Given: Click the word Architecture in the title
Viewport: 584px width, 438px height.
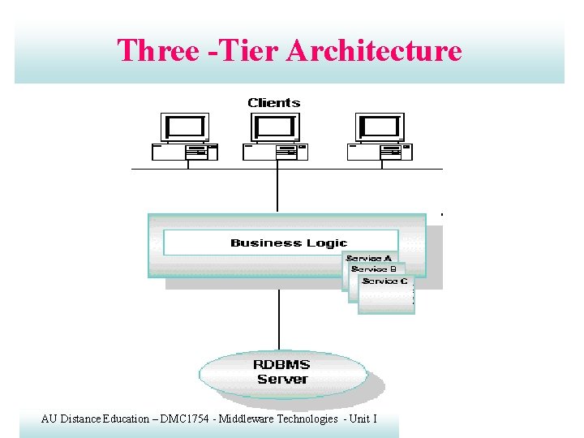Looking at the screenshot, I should click(375, 50).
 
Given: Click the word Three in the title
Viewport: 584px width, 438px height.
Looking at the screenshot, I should click(158, 50).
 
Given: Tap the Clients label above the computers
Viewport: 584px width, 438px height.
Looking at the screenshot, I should click(274, 103).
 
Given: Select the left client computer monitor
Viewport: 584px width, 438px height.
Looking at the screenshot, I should click(186, 127).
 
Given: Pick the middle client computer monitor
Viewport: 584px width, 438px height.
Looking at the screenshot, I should click(276, 127).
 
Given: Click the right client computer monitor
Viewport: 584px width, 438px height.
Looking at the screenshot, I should click(380, 127).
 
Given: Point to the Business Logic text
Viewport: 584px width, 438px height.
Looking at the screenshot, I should click(288, 243).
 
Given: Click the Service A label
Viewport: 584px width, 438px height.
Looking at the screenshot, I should click(369, 259).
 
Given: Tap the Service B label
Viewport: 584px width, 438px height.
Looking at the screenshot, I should click(374, 269).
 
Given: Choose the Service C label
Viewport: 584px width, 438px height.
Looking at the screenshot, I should click(384, 281).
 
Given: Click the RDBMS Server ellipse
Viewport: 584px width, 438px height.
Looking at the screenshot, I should click(282, 373).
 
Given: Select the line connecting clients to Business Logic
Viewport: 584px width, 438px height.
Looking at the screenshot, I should click(277, 191).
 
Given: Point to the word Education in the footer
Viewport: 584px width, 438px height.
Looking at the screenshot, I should click(125, 419).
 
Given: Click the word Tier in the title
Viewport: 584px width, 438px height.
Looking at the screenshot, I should click(243, 50).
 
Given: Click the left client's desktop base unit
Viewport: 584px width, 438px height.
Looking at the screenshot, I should click(185, 152).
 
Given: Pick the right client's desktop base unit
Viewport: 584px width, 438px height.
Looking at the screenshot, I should click(380, 152).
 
